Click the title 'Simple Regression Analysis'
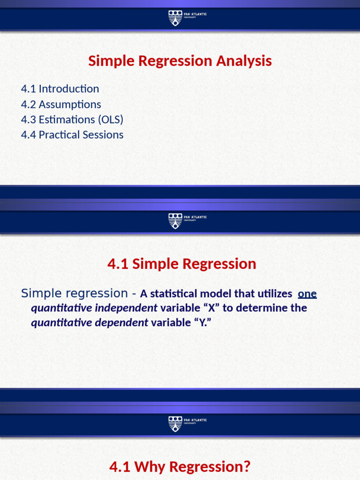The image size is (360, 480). [x=180, y=61]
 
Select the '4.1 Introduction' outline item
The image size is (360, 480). [x=60, y=89]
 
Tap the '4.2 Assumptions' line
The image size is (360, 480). [x=61, y=104]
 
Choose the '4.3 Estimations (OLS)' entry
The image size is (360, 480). [x=72, y=120]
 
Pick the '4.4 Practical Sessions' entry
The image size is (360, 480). [x=72, y=135]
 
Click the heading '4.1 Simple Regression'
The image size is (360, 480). [x=182, y=264]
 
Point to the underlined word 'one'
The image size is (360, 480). [x=307, y=294]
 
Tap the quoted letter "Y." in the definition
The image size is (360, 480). [x=200, y=322]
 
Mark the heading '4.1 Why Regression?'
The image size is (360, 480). [x=180, y=467]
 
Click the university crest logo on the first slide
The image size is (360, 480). [x=175, y=17]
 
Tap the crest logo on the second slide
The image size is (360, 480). [x=175, y=220]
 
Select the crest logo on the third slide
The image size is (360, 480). [x=175, y=423]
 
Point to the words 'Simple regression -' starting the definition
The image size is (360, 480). [x=79, y=293]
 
